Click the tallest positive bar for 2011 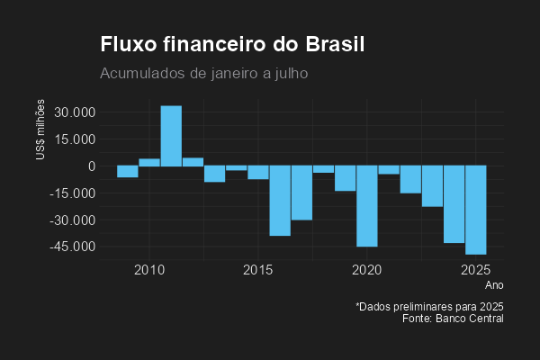(x=171, y=136)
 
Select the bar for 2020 (x=367, y=206)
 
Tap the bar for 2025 (x=476, y=210)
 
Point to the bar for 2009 (x=128, y=171)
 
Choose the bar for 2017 (x=301, y=193)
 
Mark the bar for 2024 (x=454, y=204)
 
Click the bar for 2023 (x=432, y=186)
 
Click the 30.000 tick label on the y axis (x=74, y=112)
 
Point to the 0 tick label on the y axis (x=92, y=166)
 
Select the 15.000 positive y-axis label (x=74, y=139)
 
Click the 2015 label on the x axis (x=258, y=270)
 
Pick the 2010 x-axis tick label (x=149, y=270)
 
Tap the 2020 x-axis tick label (x=367, y=270)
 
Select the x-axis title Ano (x=494, y=285)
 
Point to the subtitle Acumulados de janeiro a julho (x=204, y=72)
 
